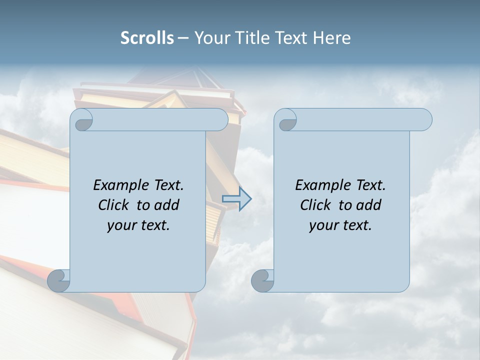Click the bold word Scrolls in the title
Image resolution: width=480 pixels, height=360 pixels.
pyautogui.click(x=147, y=38)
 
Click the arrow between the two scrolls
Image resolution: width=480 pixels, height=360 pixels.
pyautogui.click(x=237, y=199)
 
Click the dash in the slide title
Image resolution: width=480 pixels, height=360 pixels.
pyautogui.click(x=183, y=38)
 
